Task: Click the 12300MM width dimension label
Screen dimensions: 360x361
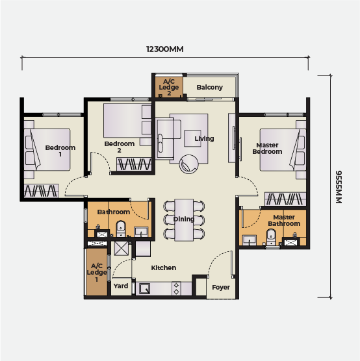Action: (165, 49)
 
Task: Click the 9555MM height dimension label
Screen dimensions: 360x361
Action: (339, 187)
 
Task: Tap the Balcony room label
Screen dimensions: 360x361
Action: (209, 87)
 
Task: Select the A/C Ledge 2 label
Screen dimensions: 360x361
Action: (169, 87)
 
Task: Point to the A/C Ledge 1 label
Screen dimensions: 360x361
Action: (97, 273)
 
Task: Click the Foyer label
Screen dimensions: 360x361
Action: (221, 288)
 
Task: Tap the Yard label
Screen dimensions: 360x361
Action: (121, 286)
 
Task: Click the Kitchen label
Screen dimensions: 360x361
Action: (164, 268)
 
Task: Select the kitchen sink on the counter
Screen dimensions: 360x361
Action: (145, 288)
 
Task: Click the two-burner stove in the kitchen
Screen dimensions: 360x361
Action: (176, 289)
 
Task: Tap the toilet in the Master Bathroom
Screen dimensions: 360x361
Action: (271, 237)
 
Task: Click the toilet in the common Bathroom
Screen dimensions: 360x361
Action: (121, 229)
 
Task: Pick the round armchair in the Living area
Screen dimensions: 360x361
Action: (188, 164)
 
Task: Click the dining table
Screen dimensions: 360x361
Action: (184, 220)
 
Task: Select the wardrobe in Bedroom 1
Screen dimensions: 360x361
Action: (42, 191)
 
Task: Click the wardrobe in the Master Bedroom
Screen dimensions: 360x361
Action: (285, 199)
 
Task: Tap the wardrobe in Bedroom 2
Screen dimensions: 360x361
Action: (134, 164)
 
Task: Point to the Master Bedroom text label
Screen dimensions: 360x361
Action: (267, 148)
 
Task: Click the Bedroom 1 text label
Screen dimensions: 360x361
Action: (60, 151)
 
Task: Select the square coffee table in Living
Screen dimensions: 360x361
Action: (193, 138)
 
